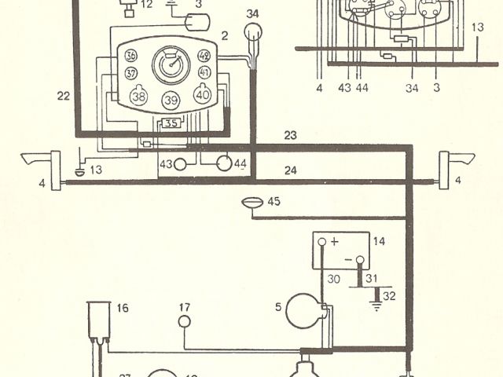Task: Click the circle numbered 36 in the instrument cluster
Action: click(130, 56)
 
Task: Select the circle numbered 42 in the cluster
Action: click(204, 56)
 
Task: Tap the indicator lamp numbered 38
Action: click(139, 96)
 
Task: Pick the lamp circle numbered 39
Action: click(171, 101)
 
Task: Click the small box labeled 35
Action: click(171, 123)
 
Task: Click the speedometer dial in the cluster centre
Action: click(170, 64)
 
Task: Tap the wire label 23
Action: click(291, 136)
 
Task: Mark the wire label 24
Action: click(291, 170)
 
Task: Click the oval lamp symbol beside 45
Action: click(253, 203)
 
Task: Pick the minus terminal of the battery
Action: click(359, 259)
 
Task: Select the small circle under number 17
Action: click(184, 321)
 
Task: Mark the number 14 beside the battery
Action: click(380, 242)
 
